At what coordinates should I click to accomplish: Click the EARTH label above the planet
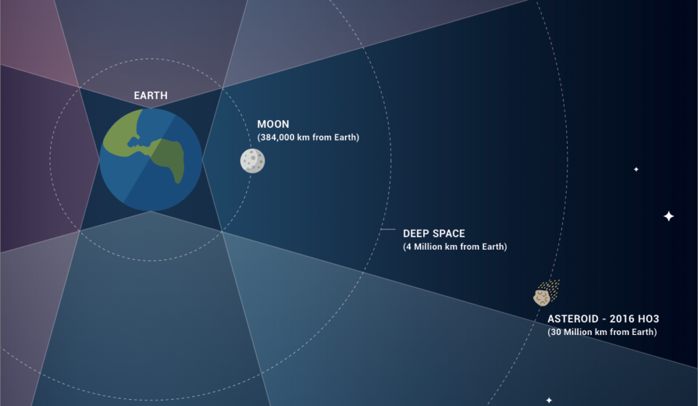(x=151, y=96)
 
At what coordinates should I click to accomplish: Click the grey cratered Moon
(x=252, y=161)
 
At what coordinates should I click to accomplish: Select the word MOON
(x=273, y=124)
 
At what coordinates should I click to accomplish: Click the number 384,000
(x=278, y=137)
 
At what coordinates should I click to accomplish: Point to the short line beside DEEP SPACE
(x=388, y=229)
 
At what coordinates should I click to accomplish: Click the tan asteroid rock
(x=542, y=298)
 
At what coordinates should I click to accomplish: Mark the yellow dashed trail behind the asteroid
(x=550, y=290)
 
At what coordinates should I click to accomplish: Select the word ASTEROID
(x=573, y=319)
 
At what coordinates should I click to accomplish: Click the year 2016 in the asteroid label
(x=622, y=319)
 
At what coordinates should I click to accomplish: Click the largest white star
(x=669, y=216)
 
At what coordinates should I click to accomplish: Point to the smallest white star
(x=636, y=169)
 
